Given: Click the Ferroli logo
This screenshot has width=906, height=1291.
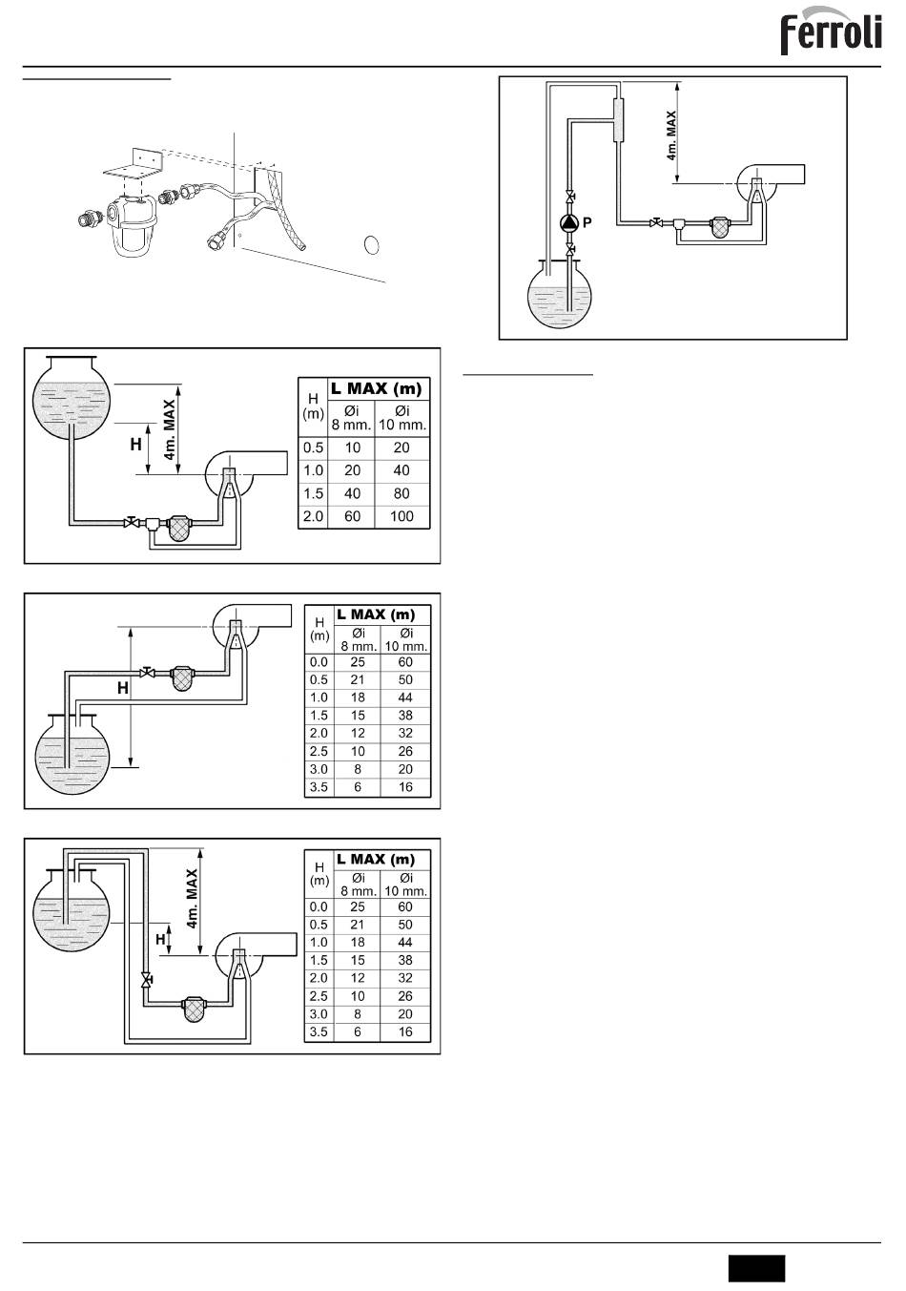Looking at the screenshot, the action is point(831,31).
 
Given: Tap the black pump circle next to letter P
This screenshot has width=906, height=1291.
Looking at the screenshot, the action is point(568,223).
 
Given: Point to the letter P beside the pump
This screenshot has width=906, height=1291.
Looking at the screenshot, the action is point(587,222).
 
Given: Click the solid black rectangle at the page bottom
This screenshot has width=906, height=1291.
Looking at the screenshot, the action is point(756,1268).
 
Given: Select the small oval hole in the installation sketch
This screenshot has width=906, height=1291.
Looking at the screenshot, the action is point(372,245).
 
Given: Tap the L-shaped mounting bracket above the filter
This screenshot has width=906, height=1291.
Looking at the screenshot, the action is point(134,164).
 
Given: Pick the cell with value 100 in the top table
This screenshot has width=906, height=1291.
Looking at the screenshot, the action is point(402,516).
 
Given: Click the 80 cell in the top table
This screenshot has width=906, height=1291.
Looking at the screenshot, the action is point(402,493).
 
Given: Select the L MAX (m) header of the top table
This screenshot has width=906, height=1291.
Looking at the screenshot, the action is point(377,389).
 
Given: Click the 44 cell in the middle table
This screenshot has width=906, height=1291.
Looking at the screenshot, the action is point(405,698).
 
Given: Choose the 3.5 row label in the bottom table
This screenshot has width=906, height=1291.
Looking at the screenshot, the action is point(319,1031).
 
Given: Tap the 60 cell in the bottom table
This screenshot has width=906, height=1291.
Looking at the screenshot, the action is point(405,906).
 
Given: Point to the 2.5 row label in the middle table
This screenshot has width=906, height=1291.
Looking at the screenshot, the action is point(319,752).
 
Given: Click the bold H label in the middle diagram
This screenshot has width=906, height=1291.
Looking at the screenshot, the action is point(123,688).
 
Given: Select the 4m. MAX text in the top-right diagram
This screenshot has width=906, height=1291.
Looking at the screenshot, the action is point(671,136).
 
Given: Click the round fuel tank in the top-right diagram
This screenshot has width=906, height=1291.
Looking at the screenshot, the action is point(559,295).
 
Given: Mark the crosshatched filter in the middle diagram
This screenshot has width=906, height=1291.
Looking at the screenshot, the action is point(183,677).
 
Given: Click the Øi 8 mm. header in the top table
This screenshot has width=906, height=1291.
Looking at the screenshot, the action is point(351,418).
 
